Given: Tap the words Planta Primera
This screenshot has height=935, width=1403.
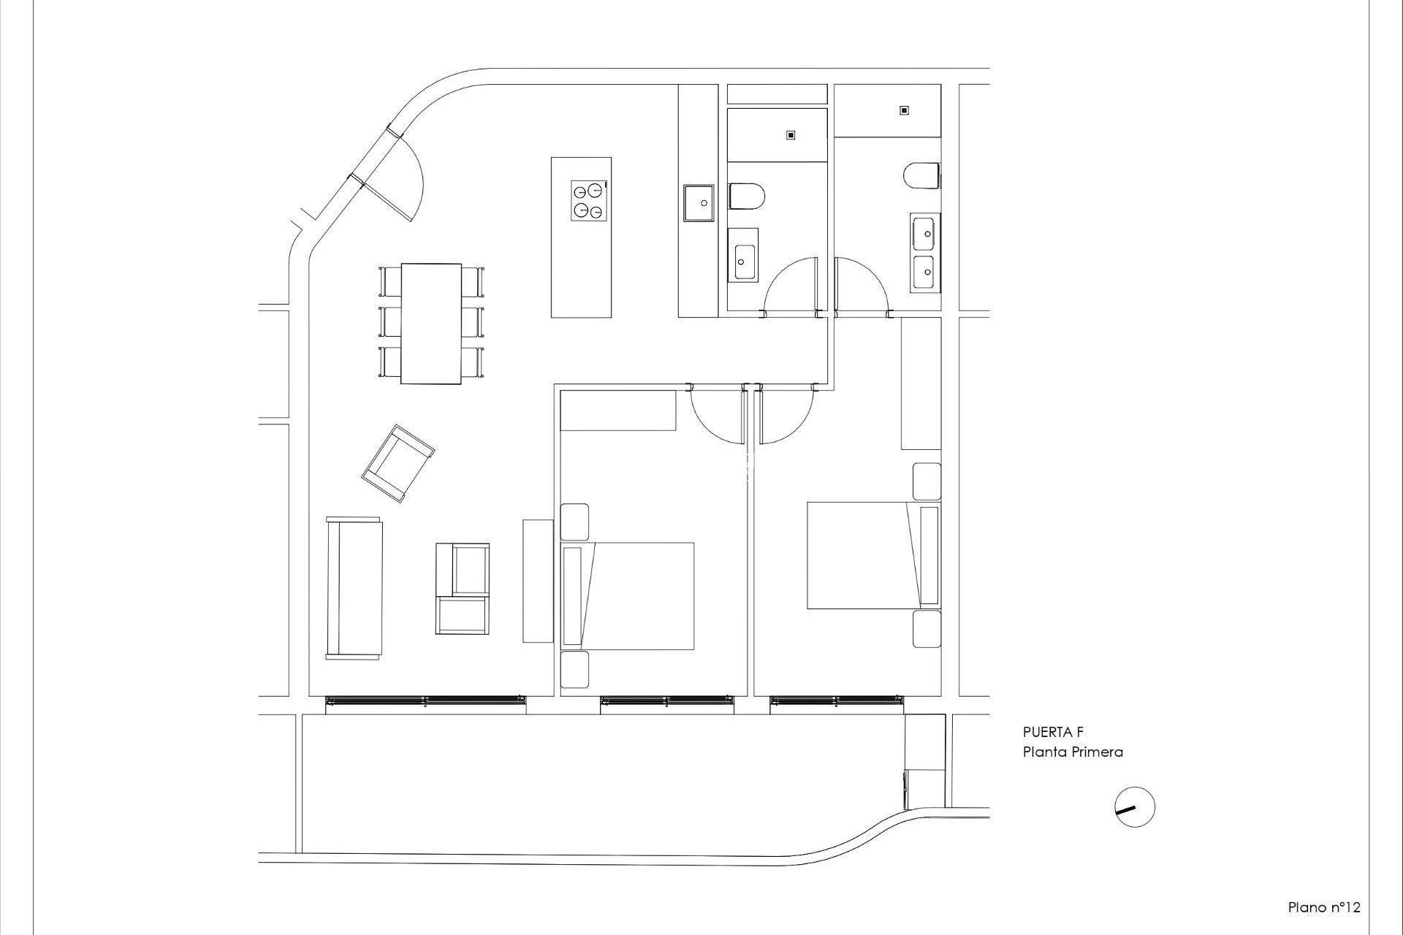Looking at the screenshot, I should pyautogui.click(x=1072, y=752).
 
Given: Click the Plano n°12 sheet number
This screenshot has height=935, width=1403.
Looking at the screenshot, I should pyautogui.click(x=1323, y=907).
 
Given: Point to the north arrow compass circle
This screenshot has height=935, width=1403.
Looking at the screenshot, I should pyautogui.click(x=1135, y=807).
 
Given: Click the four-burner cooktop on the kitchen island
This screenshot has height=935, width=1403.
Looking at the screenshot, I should pyautogui.click(x=589, y=201).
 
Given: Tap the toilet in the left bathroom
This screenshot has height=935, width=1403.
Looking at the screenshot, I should pyautogui.click(x=746, y=196).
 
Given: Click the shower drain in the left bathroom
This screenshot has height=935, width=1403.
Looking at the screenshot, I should pyautogui.click(x=790, y=135).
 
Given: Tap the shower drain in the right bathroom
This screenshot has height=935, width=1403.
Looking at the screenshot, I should pyautogui.click(x=904, y=110).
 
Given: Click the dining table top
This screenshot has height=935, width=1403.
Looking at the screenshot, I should pyautogui.click(x=431, y=323).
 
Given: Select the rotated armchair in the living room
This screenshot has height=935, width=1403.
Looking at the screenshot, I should pyautogui.click(x=398, y=463).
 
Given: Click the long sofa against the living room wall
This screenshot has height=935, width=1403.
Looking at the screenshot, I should pyautogui.click(x=354, y=588).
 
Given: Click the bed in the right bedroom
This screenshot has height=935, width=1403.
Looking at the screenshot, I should pyautogui.click(x=862, y=555).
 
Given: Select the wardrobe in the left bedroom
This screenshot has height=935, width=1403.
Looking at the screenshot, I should pyautogui.click(x=618, y=411).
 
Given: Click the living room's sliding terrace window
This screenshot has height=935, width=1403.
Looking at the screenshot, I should pyautogui.click(x=425, y=701).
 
